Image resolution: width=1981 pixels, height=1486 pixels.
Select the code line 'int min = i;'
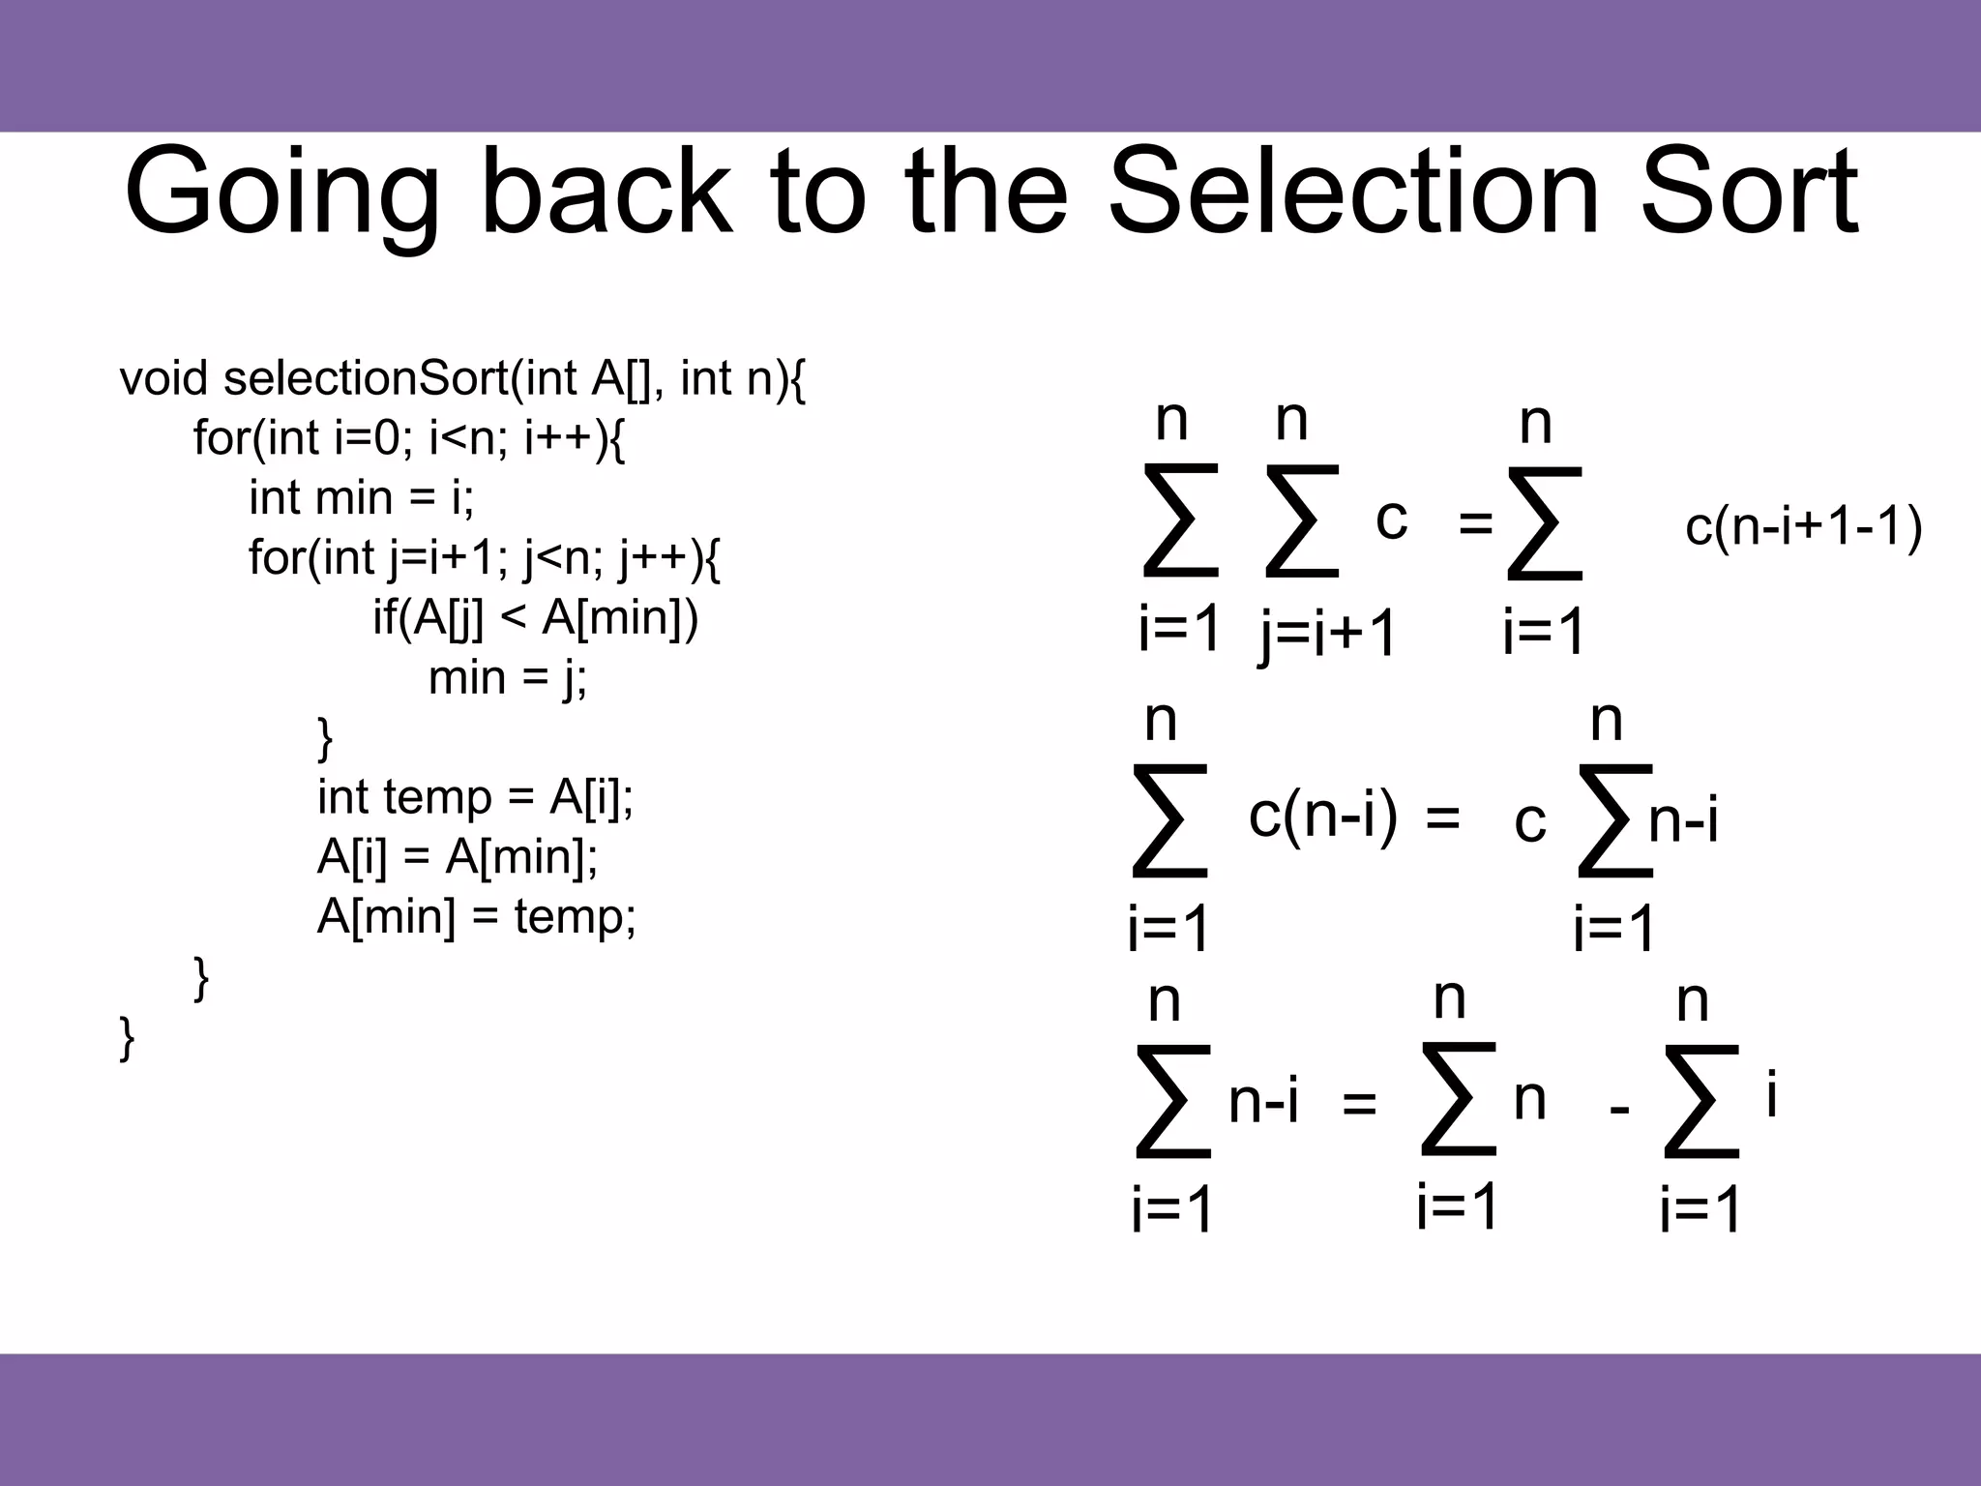click(x=362, y=498)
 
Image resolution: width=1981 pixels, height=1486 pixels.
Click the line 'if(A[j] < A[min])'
click(x=535, y=618)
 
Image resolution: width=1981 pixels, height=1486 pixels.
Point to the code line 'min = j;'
click(x=507, y=677)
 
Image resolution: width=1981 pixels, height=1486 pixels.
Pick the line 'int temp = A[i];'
click(x=475, y=797)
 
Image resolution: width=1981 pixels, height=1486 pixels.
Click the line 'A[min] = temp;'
click(x=476, y=916)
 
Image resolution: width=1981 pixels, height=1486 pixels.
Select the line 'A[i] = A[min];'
click(x=457, y=857)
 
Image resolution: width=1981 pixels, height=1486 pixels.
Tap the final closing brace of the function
click(x=127, y=1039)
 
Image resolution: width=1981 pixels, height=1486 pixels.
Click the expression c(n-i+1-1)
click(x=1803, y=528)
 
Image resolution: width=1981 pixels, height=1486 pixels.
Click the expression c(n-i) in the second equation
click(x=1322, y=816)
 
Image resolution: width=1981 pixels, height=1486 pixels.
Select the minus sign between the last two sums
click(x=1619, y=1109)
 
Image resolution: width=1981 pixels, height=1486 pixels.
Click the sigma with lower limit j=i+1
click(x=1302, y=521)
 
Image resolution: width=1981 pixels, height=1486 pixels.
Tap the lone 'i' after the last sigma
click(x=1771, y=1096)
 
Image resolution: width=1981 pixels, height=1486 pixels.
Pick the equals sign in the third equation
click(x=1359, y=1103)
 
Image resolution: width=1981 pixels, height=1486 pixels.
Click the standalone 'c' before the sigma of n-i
click(x=1529, y=822)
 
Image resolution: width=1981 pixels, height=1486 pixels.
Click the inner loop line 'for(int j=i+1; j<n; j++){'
click(x=484, y=558)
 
